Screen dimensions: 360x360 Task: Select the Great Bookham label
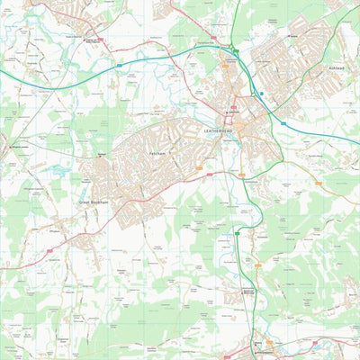94,202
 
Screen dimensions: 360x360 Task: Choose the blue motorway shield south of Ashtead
283,122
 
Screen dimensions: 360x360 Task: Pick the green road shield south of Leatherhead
238,232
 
